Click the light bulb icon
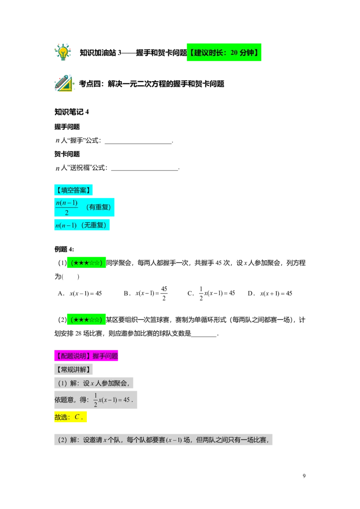[63, 52]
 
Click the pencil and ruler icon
[64, 83]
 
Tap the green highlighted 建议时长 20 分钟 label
[224, 52]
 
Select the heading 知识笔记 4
[72, 112]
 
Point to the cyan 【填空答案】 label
[73, 190]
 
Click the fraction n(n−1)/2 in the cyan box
[67, 207]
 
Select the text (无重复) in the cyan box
[94, 225]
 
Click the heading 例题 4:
[64, 249]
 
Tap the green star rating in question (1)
[86, 263]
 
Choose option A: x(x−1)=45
[80, 294]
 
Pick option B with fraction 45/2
[145, 294]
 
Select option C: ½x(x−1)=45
[211, 294]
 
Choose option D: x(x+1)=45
[270, 294]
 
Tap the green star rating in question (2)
[86, 320]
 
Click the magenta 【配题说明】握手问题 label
[86, 356]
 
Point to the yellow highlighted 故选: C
[71, 417]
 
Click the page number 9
[304, 476]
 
